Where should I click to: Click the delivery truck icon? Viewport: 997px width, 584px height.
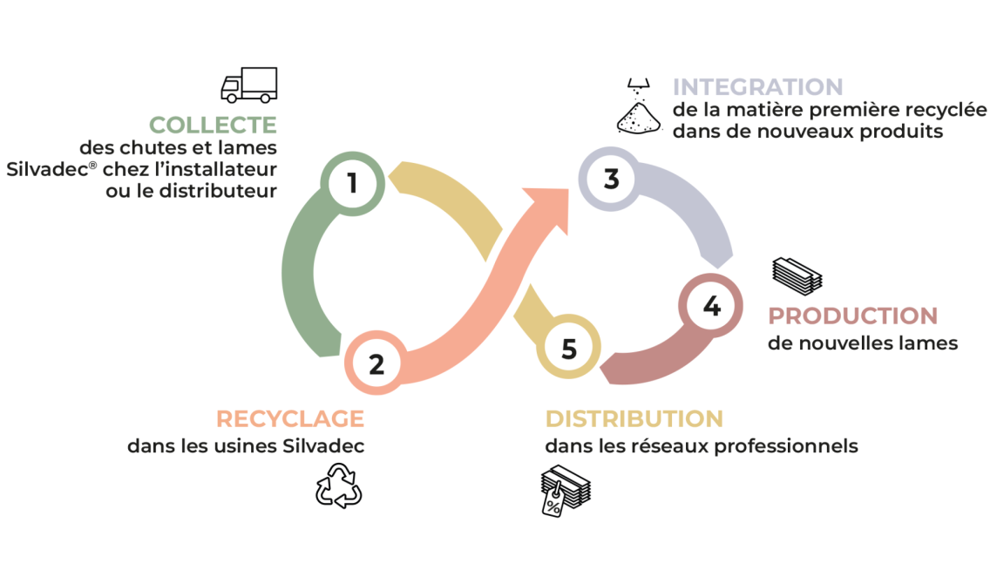point(248,85)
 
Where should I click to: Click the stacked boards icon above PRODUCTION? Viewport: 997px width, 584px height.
point(797,275)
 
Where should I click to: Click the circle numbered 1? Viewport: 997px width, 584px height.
point(352,184)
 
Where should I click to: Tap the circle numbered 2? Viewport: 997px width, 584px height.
point(376,363)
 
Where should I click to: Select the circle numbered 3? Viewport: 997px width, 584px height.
point(611,179)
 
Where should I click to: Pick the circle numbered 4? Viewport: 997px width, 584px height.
point(711,307)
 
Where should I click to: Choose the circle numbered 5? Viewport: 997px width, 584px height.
point(568,349)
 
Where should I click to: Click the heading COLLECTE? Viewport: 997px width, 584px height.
point(213,126)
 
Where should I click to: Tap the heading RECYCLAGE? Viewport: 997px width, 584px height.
point(289,418)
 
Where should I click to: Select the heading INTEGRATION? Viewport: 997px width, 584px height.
point(757,87)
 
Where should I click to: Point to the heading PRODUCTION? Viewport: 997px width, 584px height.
point(852,316)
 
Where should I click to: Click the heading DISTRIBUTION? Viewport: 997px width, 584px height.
point(634,418)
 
